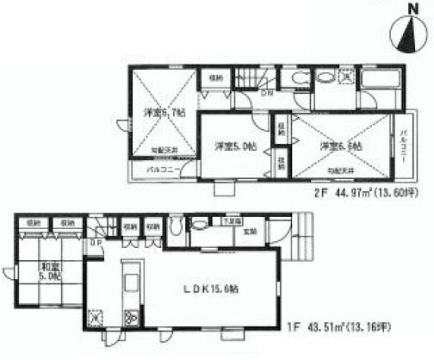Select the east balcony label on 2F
click(404, 148)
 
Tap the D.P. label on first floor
click(94, 243)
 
